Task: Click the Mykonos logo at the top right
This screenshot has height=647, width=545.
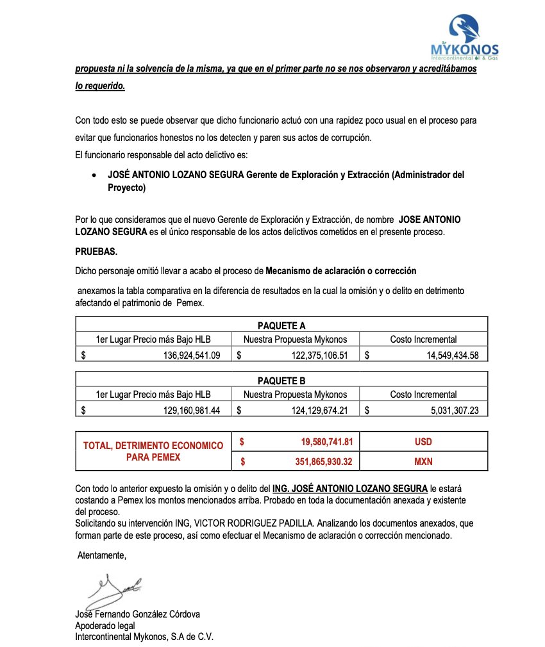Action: (x=464, y=37)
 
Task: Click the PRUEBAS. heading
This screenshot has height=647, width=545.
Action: (x=96, y=252)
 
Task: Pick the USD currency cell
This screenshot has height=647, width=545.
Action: (x=423, y=442)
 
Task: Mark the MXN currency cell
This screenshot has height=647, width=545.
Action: (x=423, y=461)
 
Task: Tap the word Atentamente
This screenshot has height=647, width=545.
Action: (x=102, y=555)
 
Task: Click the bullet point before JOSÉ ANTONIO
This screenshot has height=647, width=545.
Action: (x=95, y=175)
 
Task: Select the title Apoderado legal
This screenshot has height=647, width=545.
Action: (x=105, y=625)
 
